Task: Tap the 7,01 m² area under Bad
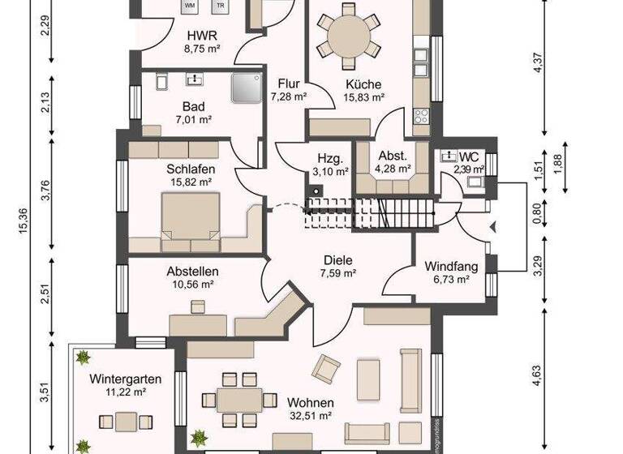tap(193, 120)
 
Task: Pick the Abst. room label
tap(393, 156)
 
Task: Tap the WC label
tap(469, 156)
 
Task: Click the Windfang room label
tap(451, 266)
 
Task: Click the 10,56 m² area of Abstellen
tap(193, 285)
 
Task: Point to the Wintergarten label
tap(125, 379)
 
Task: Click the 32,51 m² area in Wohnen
tap(310, 416)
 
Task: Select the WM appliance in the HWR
tap(190, 6)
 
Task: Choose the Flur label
tap(289, 84)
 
